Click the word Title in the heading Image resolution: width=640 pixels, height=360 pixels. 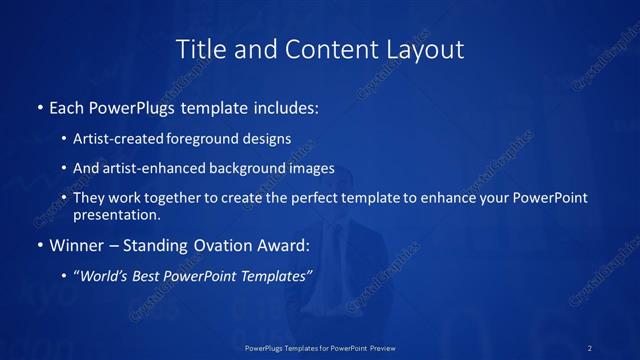198,48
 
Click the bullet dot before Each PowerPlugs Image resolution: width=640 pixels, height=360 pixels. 39,106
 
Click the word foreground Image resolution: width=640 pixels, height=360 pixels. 215,140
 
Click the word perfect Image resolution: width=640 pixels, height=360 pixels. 310,198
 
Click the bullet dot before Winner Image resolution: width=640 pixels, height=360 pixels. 39,245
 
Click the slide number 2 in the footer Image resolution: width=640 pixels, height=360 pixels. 591,347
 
